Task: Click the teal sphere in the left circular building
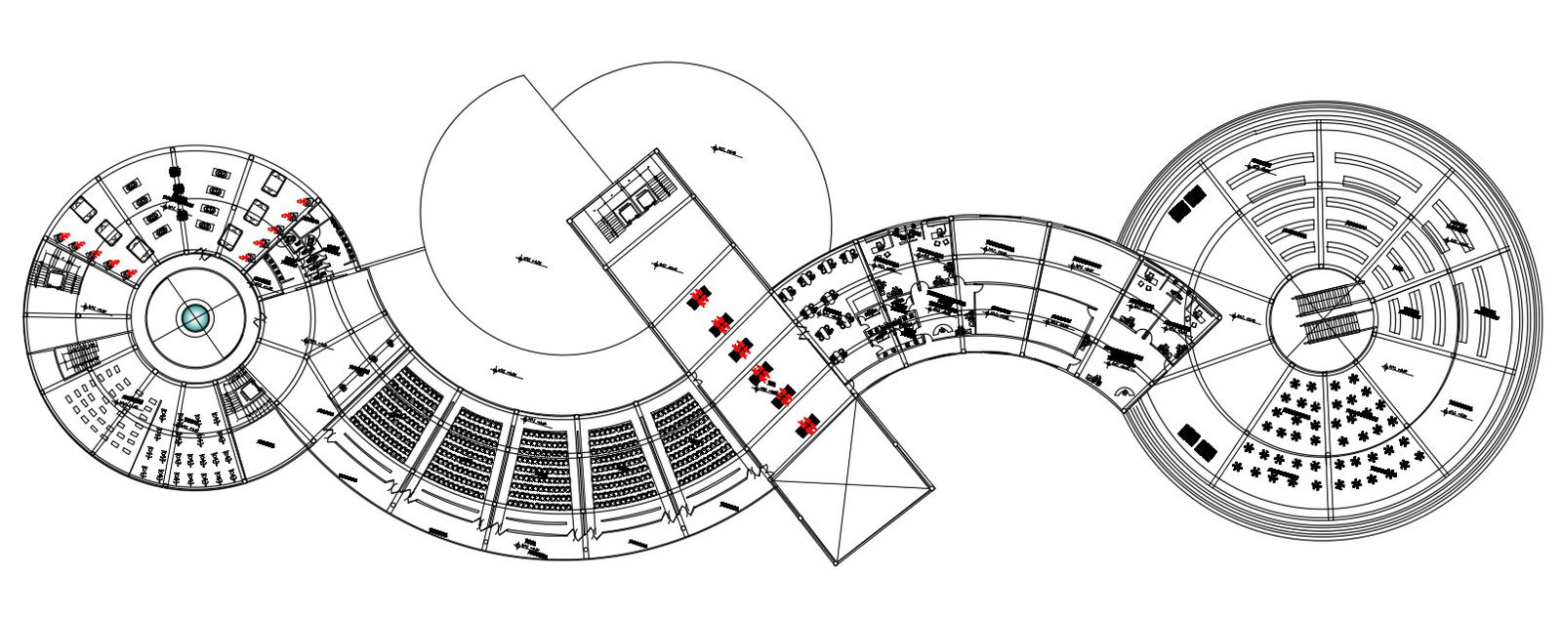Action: click(x=195, y=317)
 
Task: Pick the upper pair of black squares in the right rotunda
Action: click(x=1187, y=205)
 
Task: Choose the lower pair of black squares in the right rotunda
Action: click(x=1197, y=441)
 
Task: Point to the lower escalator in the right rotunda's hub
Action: click(x=1332, y=328)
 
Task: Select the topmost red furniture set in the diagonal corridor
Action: click(x=698, y=298)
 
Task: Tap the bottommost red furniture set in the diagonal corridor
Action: click(x=806, y=425)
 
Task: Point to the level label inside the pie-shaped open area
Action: click(x=532, y=261)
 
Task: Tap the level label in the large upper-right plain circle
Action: click(x=726, y=150)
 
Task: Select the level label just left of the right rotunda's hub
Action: click(x=1243, y=318)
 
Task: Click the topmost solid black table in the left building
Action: click(x=176, y=173)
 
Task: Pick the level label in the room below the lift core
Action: click(x=667, y=266)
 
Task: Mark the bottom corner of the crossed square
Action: click(x=837, y=563)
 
